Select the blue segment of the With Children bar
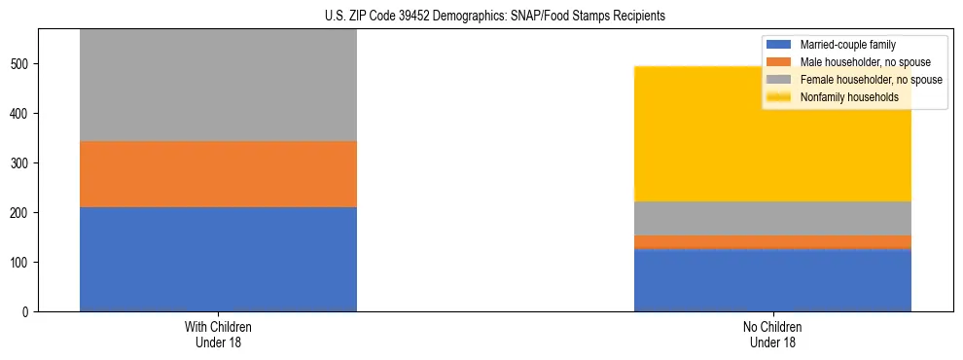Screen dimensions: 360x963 pyautogui.click(x=218, y=259)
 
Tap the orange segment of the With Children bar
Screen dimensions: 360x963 pyautogui.click(x=218, y=174)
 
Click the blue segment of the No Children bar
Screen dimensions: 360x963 pyautogui.click(x=772, y=280)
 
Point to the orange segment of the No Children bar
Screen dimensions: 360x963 pyautogui.click(x=772, y=241)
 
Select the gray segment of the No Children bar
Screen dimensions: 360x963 pyautogui.click(x=772, y=218)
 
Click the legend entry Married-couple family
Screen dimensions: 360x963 pyautogui.click(x=847, y=45)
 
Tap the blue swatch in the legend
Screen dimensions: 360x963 pyautogui.click(x=780, y=45)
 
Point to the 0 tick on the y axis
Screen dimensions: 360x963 pyautogui.click(x=27, y=312)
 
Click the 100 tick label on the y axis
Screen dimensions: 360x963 pyautogui.click(x=21, y=263)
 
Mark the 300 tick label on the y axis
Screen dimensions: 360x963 pyautogui.click(x=21, y=163)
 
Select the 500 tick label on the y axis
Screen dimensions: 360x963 pyautogui.click(x=21, y=64)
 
